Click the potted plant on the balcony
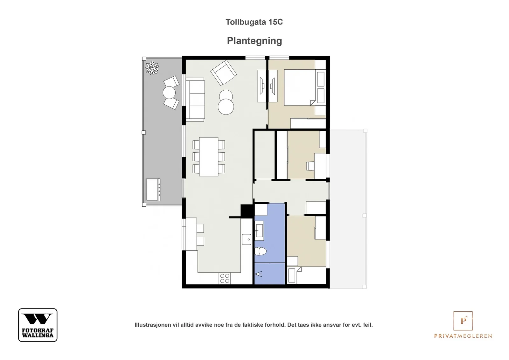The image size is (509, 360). pos(152,68)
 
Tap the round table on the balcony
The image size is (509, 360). pos(169,93)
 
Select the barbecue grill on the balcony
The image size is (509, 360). pos(153,190)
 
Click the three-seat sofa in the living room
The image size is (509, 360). pos(195,99)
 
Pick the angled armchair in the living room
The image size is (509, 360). pos(223,73)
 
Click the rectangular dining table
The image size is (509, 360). pos(209,156)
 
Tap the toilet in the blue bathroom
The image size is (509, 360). pos(261,251)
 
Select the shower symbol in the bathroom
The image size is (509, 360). pos(259,274)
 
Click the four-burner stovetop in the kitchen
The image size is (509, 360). pos(225,279)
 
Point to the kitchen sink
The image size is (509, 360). pos(247,239)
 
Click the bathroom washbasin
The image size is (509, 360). pos(259,231)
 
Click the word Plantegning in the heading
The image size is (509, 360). pos(254,41)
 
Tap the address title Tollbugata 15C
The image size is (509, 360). pos(254,22)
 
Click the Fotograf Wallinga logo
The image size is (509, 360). pos(38,325)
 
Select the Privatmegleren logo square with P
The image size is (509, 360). pos(463,321)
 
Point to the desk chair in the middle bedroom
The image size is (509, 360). pos(310,166)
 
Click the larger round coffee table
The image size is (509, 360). pos(226,107)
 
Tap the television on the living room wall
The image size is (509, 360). pos(262,86)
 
